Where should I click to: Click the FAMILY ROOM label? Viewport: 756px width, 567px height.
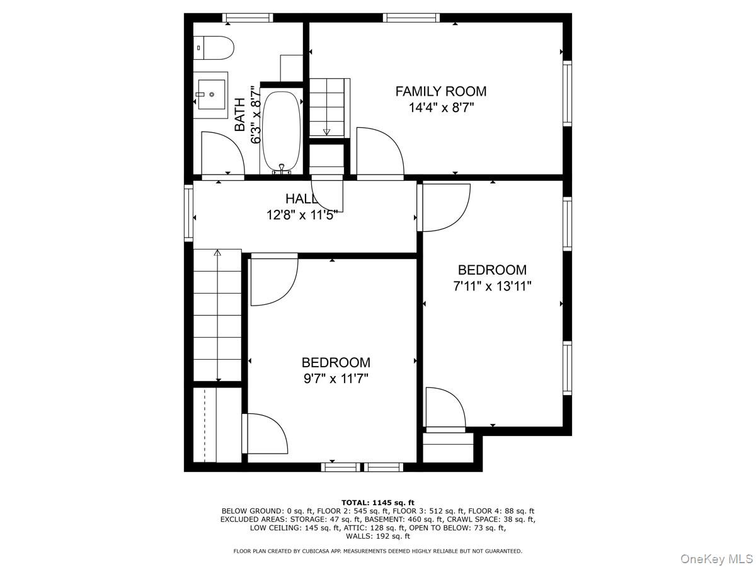point(440,91)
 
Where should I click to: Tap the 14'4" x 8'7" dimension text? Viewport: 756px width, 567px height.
point(440,108)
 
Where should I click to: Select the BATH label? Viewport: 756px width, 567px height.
point(240,115)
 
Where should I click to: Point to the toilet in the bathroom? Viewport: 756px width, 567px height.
point(214,47)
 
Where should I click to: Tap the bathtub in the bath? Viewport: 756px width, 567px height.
point(281,131)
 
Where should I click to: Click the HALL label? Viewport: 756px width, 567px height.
point(301,198)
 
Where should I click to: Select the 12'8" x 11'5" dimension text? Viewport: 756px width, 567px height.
point(302,215)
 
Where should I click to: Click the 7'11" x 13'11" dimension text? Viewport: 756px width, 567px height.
point(492,286)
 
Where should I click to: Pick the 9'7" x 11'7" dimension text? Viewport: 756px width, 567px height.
point(335,379)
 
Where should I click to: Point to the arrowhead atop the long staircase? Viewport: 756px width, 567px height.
point(218,253)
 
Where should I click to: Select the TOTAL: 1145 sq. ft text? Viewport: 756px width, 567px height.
point(378,502)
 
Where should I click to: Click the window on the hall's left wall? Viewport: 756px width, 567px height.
point(188,212)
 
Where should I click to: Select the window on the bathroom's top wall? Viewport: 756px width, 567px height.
point(248,18)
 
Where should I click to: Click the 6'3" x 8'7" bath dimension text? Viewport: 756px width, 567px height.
point(256,115)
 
